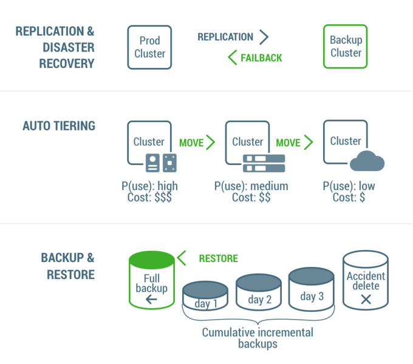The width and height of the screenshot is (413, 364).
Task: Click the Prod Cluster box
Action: pos(149,47)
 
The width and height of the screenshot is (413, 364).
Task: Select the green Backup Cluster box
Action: pos(346,47)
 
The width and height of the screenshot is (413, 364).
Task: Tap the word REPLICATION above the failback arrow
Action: pos(225,37)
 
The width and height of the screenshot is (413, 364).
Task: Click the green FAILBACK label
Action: pos(261,58)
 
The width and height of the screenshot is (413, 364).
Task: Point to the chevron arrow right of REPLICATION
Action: pos(264,37)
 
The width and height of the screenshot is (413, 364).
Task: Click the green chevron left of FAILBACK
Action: pos(232,58)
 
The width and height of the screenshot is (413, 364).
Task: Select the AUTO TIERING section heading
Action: pos(59,126)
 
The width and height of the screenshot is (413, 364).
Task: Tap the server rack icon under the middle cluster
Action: pos(264,163)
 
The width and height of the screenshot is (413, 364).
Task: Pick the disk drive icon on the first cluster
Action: pos(161,162)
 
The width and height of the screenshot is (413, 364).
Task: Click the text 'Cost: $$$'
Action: pos(149,198)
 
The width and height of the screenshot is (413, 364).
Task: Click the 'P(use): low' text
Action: pos(349,186)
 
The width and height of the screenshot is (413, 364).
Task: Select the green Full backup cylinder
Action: pos(151,280)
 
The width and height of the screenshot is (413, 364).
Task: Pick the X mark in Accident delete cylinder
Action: pos(366,298)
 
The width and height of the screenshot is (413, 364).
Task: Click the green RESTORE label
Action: pos(218,259)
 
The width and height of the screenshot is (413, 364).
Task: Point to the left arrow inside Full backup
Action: pos(151,299)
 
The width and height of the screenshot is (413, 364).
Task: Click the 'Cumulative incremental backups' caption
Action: pos(258,338)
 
